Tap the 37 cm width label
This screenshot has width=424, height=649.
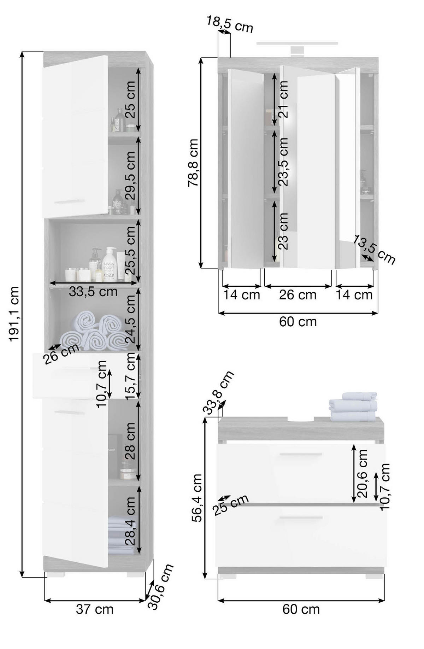(x=95, y=609)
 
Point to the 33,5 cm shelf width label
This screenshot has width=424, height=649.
(x=93, y=292)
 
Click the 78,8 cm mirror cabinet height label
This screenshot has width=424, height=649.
(x=193, y=163)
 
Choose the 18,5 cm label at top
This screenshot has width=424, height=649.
(x=230, y=24)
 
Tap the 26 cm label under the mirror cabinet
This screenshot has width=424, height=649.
(x=298, y=295)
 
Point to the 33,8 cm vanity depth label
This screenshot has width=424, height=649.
(x=218, y=392)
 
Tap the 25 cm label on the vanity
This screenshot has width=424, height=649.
(x=231, y=505)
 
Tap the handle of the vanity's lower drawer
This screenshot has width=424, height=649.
(x=300, y=518)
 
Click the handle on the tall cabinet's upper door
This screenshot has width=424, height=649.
(x=69, y=202)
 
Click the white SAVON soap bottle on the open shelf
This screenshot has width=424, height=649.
(x=110, y=264)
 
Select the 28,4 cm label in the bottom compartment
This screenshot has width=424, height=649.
(x=130, y=520)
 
